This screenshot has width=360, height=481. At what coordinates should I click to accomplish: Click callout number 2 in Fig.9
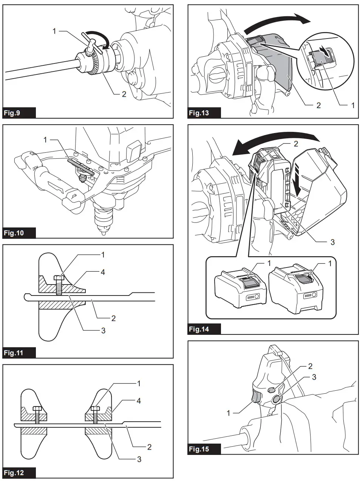coord(124,94)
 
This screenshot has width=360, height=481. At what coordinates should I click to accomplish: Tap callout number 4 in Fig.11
coord(103,272)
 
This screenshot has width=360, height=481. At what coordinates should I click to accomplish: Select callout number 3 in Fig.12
coord(139,459)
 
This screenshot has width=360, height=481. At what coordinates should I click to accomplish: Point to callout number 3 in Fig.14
coord(332,242)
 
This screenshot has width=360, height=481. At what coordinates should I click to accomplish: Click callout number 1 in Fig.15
coord(228,413)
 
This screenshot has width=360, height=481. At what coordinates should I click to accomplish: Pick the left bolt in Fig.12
coord(37,413)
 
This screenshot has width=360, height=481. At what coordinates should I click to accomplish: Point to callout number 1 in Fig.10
coord(45,140)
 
